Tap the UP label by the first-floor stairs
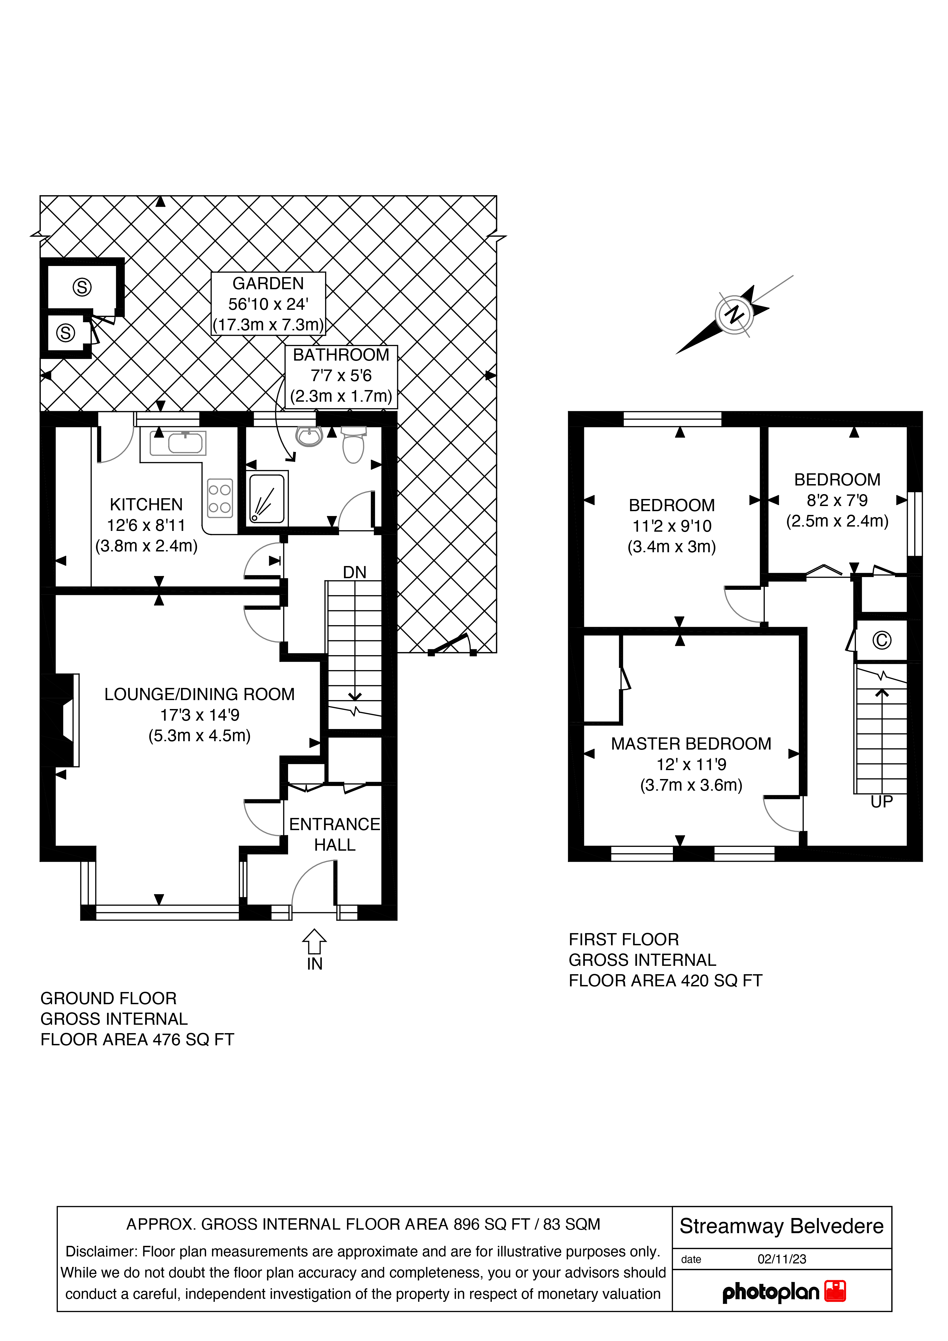click(882, 802)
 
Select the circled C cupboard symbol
click(882, 641)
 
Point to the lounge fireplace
click(60, 720)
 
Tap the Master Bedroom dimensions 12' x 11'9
click(691, 764)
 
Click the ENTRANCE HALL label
click(335, 834)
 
